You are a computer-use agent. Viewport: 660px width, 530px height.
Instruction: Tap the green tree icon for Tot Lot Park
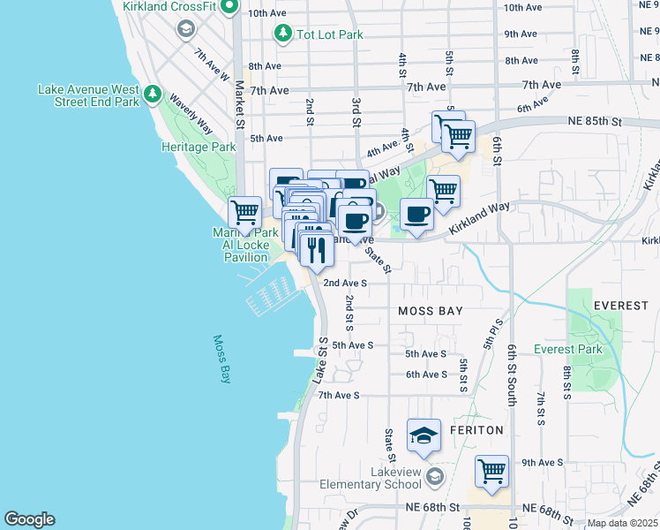[282, 34]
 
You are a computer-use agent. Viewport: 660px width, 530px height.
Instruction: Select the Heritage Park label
[198, 147]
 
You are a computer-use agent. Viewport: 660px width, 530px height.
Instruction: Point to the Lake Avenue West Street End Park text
[88, 95]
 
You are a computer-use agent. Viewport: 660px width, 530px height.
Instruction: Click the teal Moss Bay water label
[221, 358]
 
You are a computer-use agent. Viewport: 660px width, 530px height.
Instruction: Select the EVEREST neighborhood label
[620, 305]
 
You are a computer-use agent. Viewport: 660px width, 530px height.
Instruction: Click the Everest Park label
[567, 349]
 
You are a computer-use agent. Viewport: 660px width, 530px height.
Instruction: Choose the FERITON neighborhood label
[476, 430]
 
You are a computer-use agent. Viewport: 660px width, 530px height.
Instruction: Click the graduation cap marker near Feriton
[424, 435]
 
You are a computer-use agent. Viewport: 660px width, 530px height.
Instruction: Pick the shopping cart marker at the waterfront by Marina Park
[244, 212]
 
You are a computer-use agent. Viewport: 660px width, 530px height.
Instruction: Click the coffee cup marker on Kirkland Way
[417, 214]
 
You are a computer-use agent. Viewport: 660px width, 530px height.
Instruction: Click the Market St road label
[239, 103]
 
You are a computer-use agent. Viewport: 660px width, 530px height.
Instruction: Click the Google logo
[29, 519]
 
